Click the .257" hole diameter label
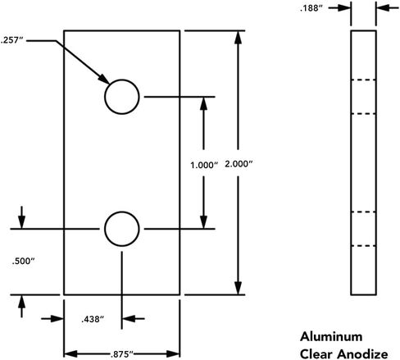coord(11,40)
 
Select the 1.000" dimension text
coord(204,165)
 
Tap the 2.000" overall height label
coord(239,164)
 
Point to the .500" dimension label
coord(23,261)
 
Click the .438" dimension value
coord(93,319)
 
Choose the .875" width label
coord(122,354)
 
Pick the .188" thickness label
coord(311,8)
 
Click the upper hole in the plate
coord(122,80)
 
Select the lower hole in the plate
coord(122,212)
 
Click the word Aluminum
coord(331,336)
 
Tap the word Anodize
coord(362,354)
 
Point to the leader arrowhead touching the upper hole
coord(104,80)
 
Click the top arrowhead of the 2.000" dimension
coord(239,38)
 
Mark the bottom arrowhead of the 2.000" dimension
coord(239,288)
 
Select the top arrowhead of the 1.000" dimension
coord(203,103)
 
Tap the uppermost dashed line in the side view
coord(363,80)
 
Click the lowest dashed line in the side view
coord(363,246)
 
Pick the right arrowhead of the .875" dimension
coord(173,354)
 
